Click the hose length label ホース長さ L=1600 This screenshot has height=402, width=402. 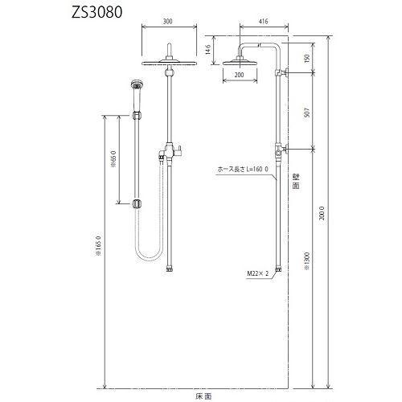244,170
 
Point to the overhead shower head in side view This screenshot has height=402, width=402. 240,61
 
